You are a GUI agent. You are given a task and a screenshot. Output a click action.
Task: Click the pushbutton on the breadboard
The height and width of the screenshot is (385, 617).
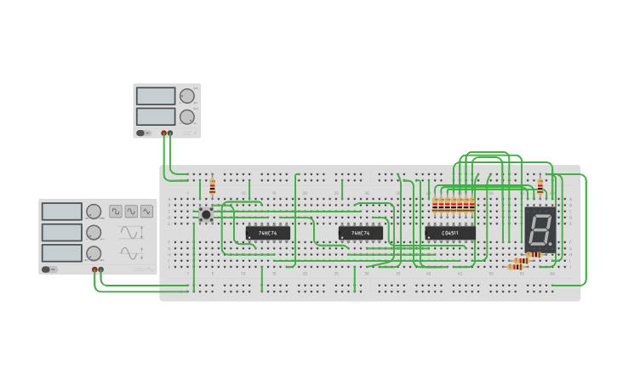(x=206, y=214)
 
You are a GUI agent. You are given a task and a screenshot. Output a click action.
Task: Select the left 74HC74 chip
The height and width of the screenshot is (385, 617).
(x=267, y=232)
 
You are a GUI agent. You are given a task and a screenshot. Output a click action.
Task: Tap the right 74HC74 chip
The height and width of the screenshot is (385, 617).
(x=360, y=232)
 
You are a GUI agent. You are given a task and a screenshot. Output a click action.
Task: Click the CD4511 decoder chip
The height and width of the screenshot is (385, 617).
(x=450, y=232)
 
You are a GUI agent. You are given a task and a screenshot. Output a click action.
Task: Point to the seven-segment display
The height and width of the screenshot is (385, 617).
(x=540, y=229)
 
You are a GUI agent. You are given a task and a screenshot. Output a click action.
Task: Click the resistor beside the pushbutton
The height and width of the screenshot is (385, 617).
(x=212, y=186)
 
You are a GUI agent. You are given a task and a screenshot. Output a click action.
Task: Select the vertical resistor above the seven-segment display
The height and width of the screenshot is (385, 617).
(x=540, y=185)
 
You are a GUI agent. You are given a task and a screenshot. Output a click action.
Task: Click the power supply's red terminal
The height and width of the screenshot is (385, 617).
(x=164, y=133)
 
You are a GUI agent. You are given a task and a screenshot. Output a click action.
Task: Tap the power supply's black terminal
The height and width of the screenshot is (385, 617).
(x=170, y=133)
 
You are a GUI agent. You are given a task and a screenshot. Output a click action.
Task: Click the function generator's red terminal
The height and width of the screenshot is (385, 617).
(x=94, y=269)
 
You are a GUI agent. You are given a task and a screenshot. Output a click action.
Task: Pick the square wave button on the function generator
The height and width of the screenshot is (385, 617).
(x=115, y=211)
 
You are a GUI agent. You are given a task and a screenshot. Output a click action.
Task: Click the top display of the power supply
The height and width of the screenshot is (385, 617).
(x=156, y=95)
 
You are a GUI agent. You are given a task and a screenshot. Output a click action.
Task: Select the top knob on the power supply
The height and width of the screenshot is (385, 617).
(x=186, y=96)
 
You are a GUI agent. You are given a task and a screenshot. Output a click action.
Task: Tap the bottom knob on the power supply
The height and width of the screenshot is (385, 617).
(x=186, y=116)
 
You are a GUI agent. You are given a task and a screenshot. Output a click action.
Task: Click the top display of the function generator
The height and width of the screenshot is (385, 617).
(x=61, y=212)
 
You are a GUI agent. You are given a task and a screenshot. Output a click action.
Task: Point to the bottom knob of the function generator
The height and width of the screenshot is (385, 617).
(x=94, y=252)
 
